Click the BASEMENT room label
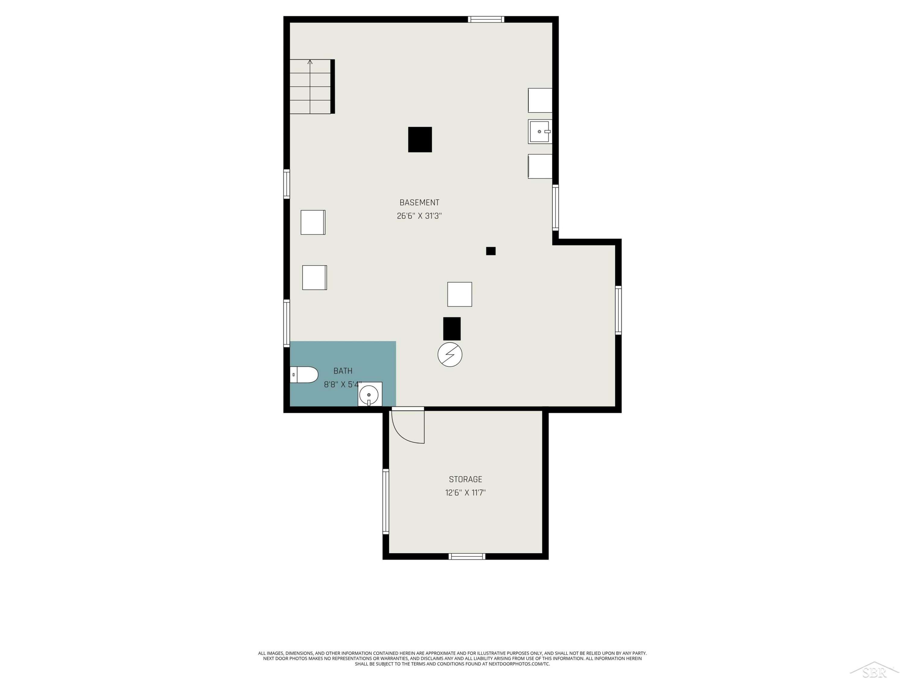[419, 202]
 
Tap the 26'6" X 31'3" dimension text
[419, 216]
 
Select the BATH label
[343, 371]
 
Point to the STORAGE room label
[465, 479]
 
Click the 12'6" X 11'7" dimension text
[465, 493]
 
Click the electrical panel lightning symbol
[450, 355]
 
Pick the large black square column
[420, 139]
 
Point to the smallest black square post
[491, 251]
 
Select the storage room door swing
[408, 426]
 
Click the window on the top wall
[486, 19]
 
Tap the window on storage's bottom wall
[467, 556]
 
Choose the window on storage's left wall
[386, 501]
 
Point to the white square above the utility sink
[540, 100]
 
